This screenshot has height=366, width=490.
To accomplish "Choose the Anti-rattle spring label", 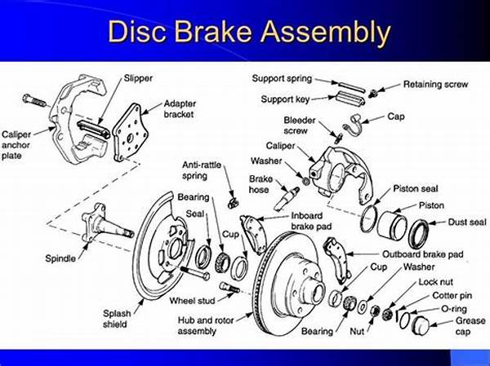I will [x=201, y=170].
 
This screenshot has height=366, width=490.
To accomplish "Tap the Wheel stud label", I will [x=194, y=300].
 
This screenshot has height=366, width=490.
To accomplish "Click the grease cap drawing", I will [x=421, y=324].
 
